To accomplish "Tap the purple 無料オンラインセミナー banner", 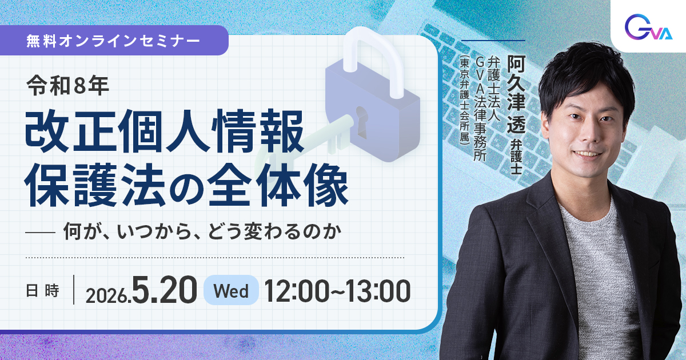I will point(114,42).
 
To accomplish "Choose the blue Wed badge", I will point(231,291).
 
